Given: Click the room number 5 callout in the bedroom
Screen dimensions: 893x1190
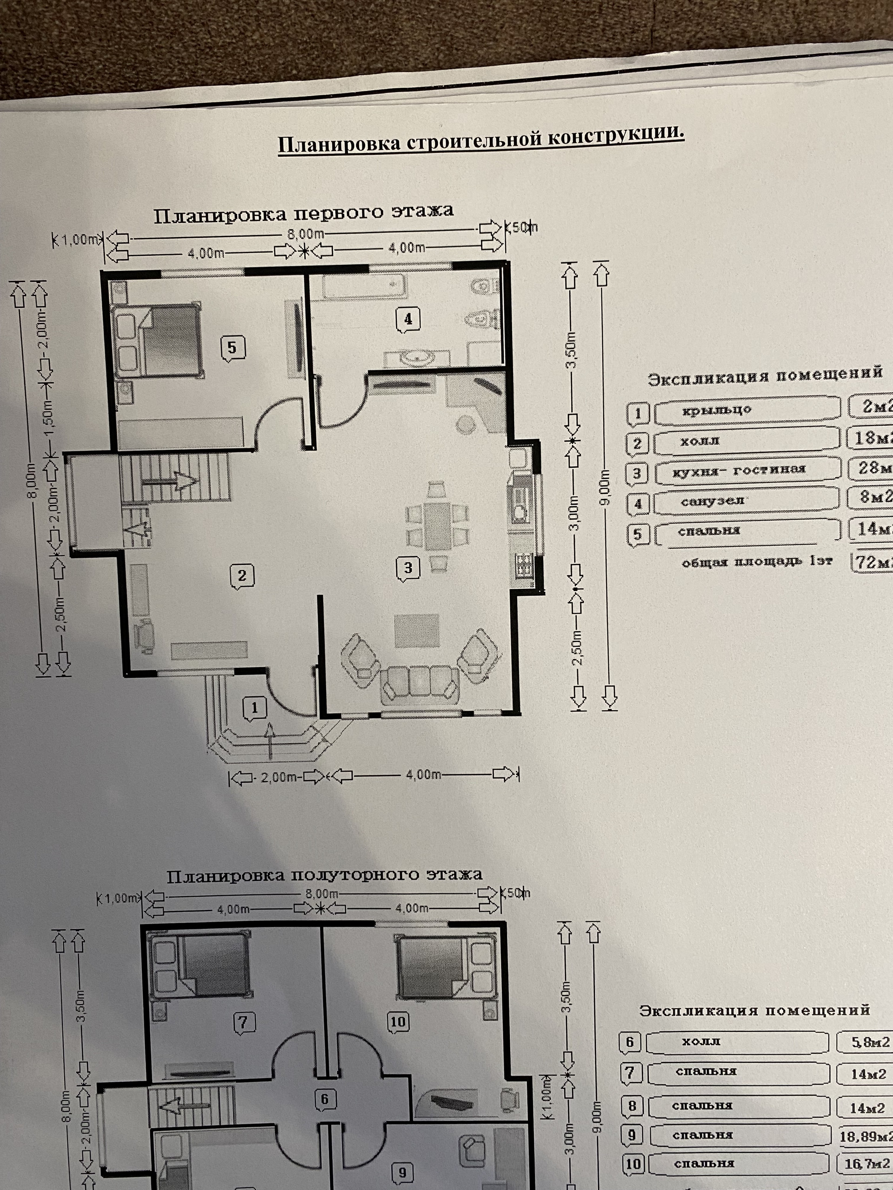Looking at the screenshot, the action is pos(233,348).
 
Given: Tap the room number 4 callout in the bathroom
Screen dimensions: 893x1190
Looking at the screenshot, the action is pos(407,319).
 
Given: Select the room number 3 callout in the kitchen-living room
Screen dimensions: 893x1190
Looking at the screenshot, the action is pos(407,568).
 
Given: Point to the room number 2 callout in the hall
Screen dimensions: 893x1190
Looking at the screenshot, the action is pos(242,575).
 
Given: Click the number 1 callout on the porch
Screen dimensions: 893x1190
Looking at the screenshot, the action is pos(254,708).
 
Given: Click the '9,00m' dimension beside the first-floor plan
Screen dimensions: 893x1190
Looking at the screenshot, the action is pos(605,488).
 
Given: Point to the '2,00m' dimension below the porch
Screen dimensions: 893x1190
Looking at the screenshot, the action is pos(278,776).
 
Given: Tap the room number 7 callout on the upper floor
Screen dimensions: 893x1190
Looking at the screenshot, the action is pos(244,1022).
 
